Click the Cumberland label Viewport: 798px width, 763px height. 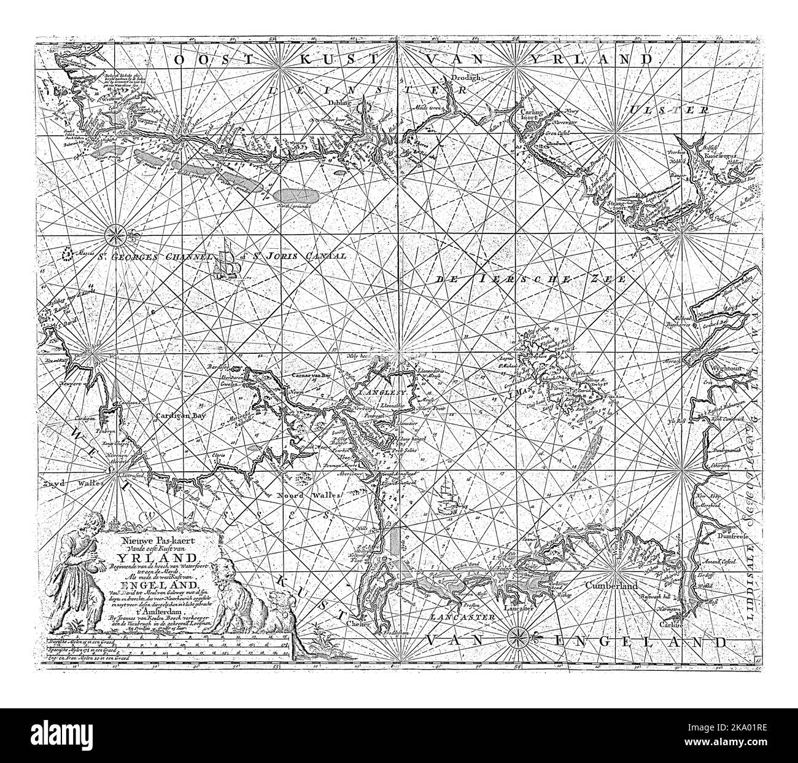614,586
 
